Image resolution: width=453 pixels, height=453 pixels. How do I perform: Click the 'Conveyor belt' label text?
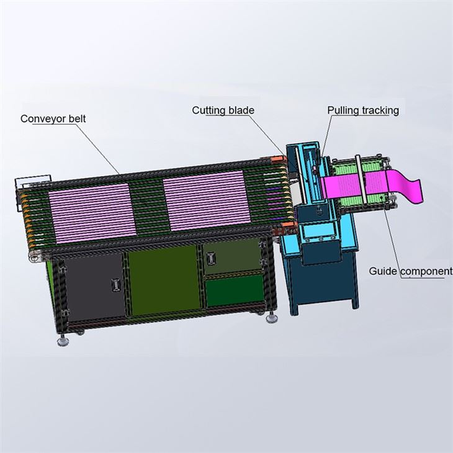coord(53,119)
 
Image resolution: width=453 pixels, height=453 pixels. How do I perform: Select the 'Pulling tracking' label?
coord(363,110)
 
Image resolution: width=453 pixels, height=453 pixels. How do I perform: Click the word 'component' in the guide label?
coord(426,272)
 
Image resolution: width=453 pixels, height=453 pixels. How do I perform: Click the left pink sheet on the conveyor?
coord(92,213)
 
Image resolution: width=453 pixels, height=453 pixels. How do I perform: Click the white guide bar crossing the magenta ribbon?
coord(361,179)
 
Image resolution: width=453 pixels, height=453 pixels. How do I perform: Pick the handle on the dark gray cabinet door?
coord(115,285)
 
